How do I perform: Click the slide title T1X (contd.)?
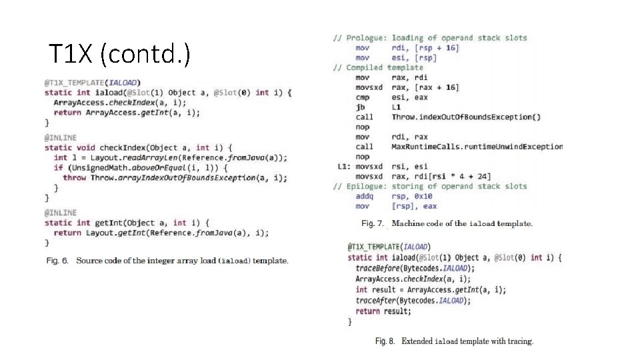point(119,54)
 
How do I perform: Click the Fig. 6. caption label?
point(57,261)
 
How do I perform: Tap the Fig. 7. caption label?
point(373,223)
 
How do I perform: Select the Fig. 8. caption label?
point(386,341)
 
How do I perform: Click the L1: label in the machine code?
point(344,167)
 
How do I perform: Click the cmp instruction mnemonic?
point(362,97)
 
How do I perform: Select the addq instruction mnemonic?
point(364,197)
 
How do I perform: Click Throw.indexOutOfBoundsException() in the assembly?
point(466,117)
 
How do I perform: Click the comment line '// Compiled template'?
point(378,67)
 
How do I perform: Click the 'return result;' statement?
point(383,311)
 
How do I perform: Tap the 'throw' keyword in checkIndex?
point(74,178)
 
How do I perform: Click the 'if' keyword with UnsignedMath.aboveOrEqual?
point(58,168)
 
